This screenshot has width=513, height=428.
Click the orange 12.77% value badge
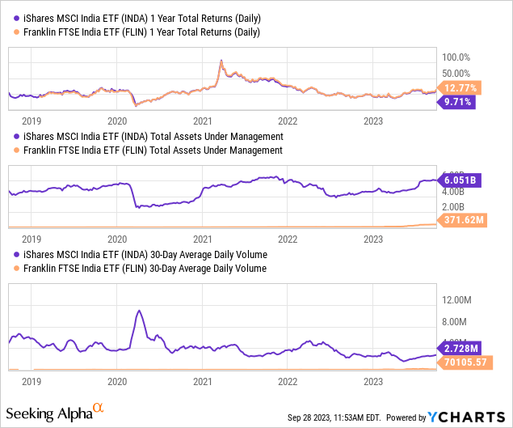(x=458, y=87)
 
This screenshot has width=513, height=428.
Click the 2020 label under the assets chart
(x=117, y=239)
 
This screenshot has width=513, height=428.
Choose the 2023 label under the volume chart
(x=373, y=380)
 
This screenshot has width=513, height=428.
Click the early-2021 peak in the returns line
(x=221, y=61)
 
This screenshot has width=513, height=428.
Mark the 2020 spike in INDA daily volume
(x=139, y=311)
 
